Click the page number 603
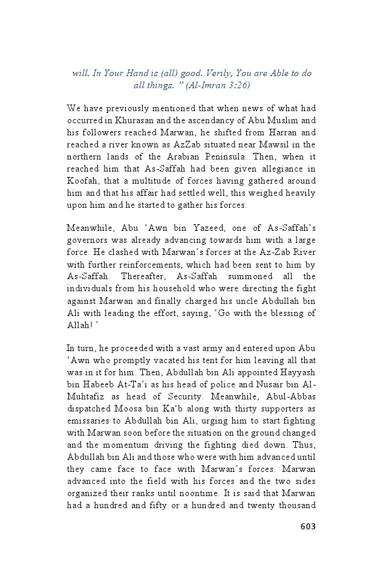pos(308,526)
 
